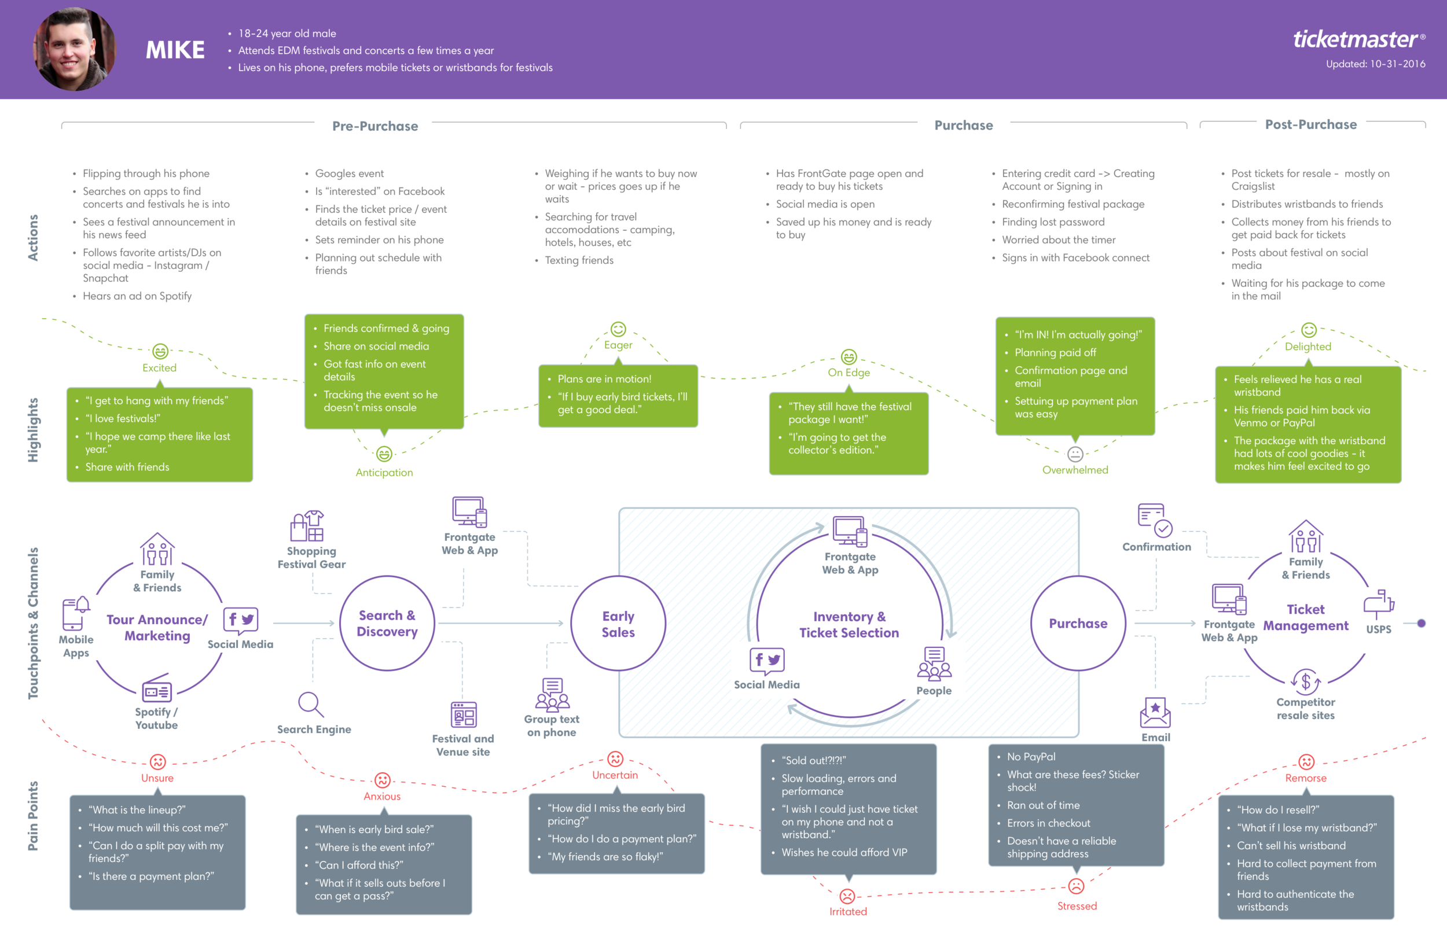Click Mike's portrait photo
coord(74,49)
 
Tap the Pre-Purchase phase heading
coord(374,126)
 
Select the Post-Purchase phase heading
coord(1310,124)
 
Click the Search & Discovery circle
coord(387,623)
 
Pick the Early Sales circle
coord(618,624)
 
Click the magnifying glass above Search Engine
coord(311,705)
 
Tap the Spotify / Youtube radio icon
coord(156,689)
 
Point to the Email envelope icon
coord(1155,712)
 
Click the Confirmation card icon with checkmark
coord(1155,520)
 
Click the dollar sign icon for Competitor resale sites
coord(1305,681)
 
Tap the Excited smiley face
coord(160,351)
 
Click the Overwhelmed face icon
coord(1075,454)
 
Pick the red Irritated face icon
coord(847,896)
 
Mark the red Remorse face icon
coord(1306,761)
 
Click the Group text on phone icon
coord(552,695)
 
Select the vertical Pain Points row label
coord(33,815)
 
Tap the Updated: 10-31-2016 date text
coord(1375,64)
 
